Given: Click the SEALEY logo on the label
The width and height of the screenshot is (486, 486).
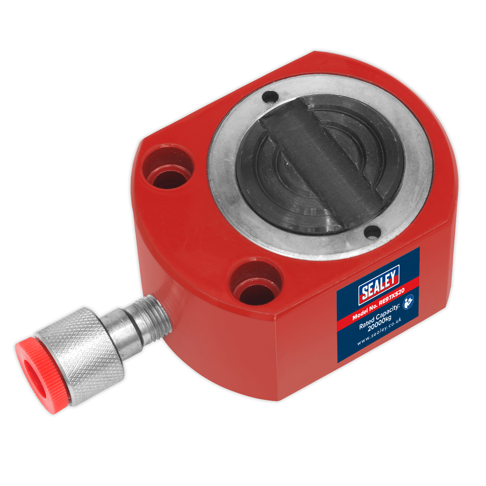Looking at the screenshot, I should pyautogui.click(x=379, y=283).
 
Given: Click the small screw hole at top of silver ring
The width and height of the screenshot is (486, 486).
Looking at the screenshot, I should pyautogui.click(x=270, y=97).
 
